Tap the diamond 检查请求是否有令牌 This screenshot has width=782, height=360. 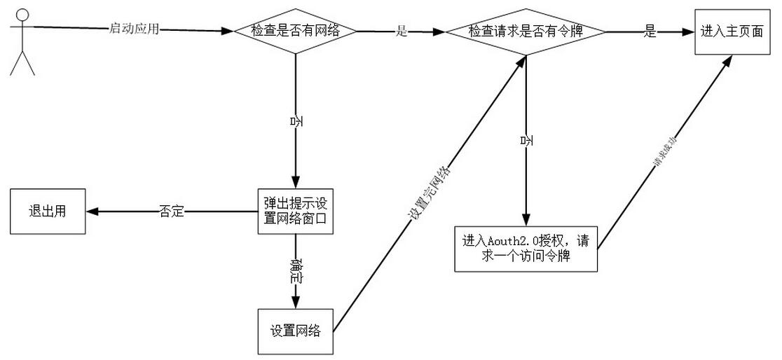(526, 32)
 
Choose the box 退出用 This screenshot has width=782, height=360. (46, 211)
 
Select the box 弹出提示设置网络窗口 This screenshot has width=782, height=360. (294, 211)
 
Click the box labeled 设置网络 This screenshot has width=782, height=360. (295, 331)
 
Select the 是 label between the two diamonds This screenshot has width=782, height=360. (402, 32)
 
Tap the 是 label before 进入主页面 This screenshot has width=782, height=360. (650, 32)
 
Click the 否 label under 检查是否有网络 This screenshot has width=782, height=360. (296, 121)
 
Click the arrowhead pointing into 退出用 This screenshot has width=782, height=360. (90, 211)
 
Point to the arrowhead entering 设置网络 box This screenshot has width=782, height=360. (295, 303)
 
